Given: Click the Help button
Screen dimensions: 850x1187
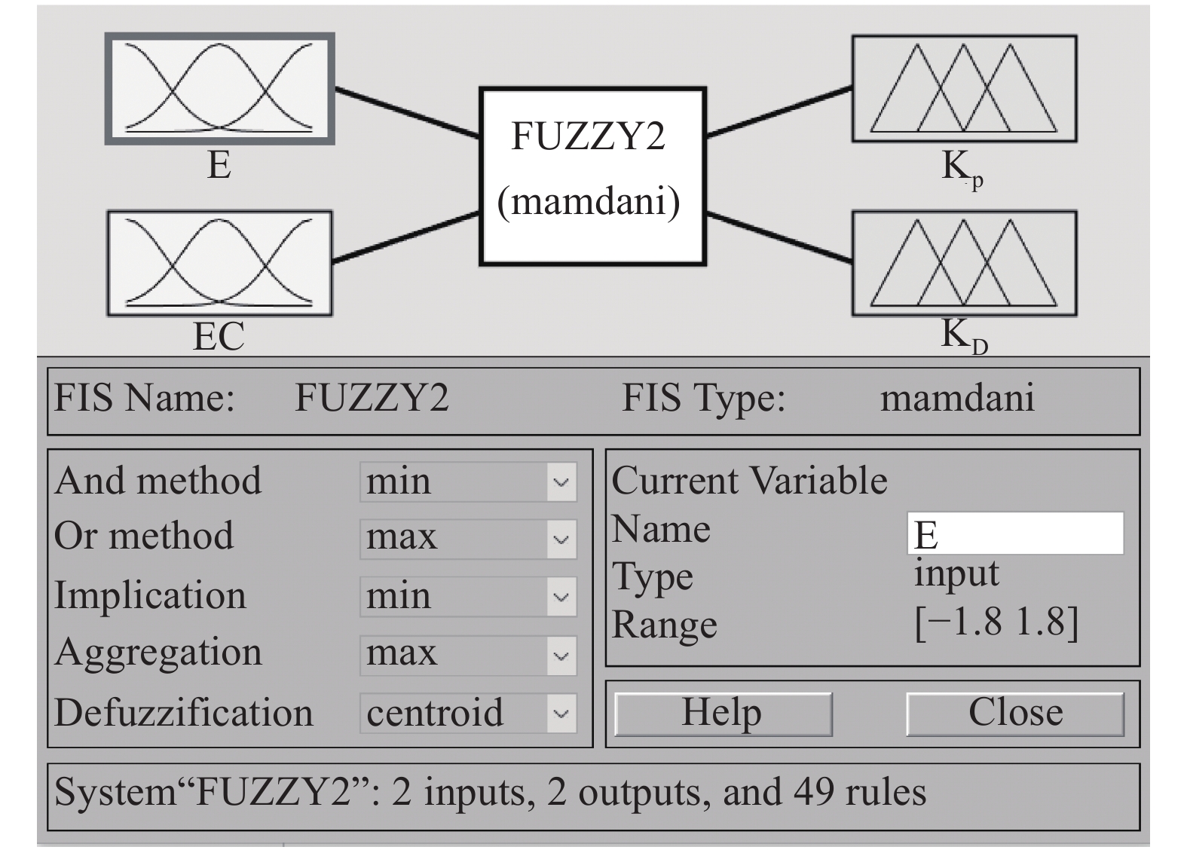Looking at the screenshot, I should [723, 714].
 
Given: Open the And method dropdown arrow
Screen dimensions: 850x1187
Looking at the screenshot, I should [561, 482].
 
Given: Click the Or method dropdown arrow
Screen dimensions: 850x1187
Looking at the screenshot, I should [561, 540].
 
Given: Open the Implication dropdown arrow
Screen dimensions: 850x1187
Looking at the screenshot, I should [561, 597].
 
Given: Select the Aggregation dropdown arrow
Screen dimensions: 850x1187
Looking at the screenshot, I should [561, 655].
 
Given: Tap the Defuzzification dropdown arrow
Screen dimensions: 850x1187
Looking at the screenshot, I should [561, 713].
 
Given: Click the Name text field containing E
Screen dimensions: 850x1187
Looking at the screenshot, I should [1014, 534].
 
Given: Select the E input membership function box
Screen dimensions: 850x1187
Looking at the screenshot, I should [219, 89].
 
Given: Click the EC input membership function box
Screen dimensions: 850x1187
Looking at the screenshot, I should [219, 263].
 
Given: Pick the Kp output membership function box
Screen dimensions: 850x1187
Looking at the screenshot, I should [964, 88].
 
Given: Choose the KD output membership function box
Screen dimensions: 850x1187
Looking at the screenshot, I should [964, 263].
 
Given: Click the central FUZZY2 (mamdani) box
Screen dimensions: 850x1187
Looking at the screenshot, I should [592, 176].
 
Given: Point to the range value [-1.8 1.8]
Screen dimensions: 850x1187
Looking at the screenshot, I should [996, 623].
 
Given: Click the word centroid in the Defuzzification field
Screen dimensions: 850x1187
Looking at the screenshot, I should [435, 713].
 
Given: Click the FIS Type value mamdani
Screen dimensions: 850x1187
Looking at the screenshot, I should [957, 398].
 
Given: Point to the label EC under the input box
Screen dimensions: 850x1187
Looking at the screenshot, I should [219, 336].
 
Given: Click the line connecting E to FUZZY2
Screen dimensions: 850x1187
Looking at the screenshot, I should [407, 113].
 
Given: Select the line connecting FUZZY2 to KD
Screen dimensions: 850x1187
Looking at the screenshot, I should [780, 237].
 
